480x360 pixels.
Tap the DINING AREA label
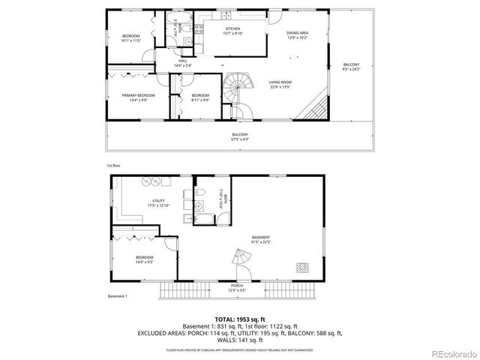[x=298, y=33]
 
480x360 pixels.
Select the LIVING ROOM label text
[x=280, y=82]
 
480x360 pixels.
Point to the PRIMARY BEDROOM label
[x=139, y=95]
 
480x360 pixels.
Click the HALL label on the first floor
[x=182, y=61]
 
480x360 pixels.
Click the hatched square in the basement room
[x=304, y=266]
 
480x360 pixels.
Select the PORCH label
[x=237, y=285]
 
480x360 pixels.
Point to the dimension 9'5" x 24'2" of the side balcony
[x=351, y=68]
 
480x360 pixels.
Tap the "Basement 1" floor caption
[x=117, y=296]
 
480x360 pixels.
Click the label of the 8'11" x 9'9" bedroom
[x=200, y=95]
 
